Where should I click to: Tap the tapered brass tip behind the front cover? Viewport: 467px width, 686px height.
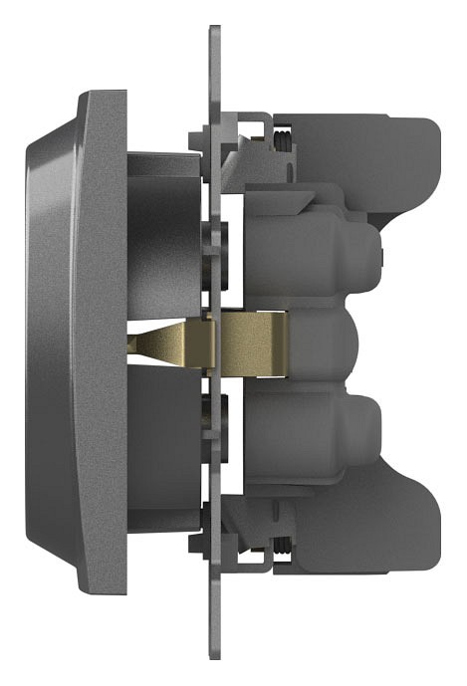pyautogui.click(x=159, y=343)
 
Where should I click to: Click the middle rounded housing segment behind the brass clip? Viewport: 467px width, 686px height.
pyautogui.click(x=334, y=343)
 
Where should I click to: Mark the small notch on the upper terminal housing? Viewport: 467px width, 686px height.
pyautogui.click(x=380, y=259)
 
